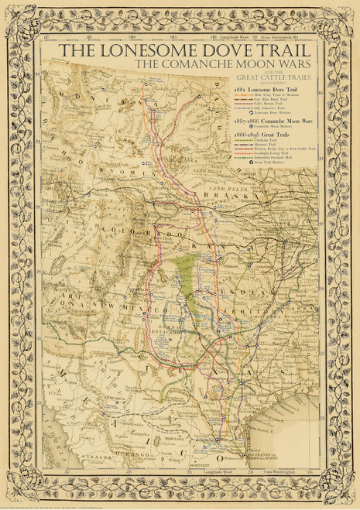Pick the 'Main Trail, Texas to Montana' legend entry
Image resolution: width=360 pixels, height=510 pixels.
coord(277,94)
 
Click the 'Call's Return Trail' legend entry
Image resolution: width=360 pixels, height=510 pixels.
coord(270,104)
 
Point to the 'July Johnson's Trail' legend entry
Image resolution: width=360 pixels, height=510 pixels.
coord(271,109)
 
